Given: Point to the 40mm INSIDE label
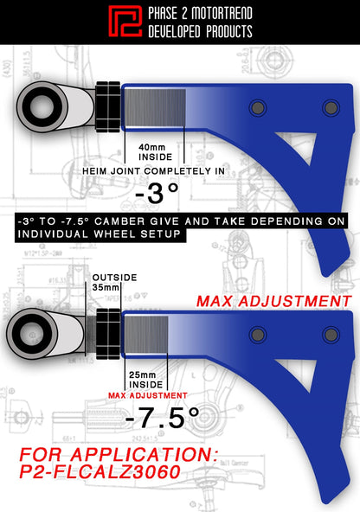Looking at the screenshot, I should click(x=154, y=152).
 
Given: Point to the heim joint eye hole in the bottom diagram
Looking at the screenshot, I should click(x=29, y=334).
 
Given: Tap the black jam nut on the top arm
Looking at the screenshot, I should click(x=109, y=106).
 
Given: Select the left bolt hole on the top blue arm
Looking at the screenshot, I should click(x=256, y=107).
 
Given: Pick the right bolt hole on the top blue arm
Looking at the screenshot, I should click(x=330, y=107).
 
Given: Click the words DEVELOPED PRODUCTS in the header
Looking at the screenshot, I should click(x=201, y=31).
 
